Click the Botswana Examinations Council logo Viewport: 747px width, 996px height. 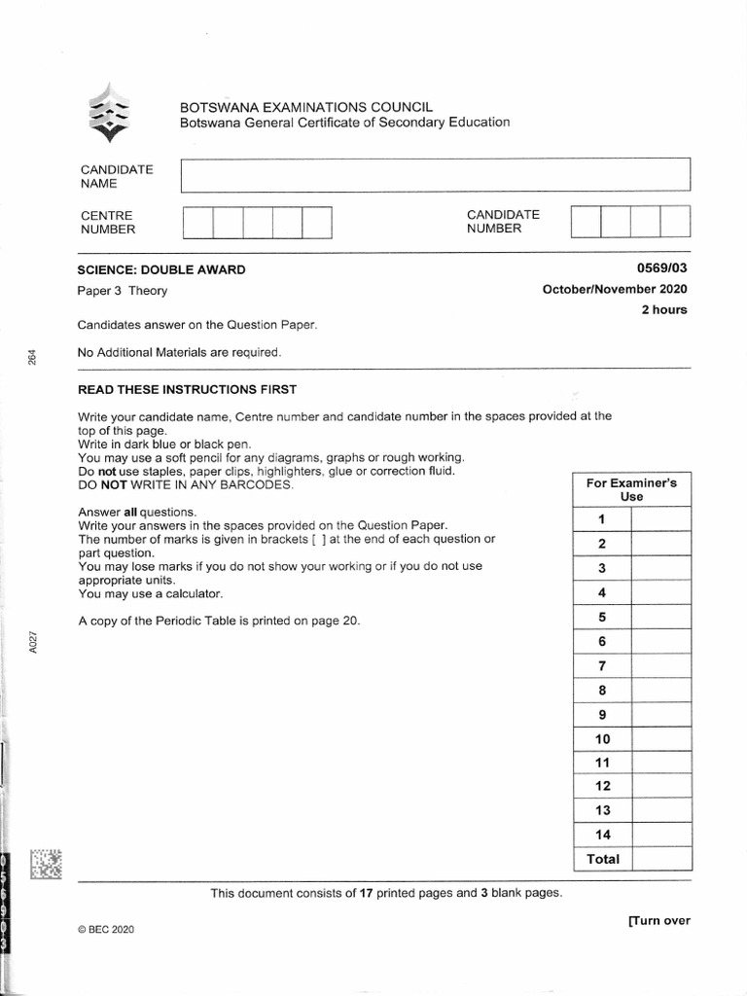(x=108, y=115)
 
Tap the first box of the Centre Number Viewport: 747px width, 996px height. (x=197, y=222)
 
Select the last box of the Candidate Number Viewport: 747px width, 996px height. (x=675, y=221)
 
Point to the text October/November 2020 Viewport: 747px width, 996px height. (x=615, y=289)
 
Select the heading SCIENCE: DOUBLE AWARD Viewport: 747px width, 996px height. (x=161, y=269)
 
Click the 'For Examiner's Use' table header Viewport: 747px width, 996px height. (x=631, y=489)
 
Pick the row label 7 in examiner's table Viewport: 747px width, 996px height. (x=602, y=666)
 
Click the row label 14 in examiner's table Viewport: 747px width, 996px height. (x=602, y=835)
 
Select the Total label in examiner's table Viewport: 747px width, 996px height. (x=602, y=859)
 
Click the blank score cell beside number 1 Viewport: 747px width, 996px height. (x=660, y=519)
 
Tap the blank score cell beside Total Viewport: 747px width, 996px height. (x=660, y=859)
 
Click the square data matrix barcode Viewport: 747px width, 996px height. (x=45, y=864)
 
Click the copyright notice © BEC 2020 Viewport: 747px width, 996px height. (x=105, y=930)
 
